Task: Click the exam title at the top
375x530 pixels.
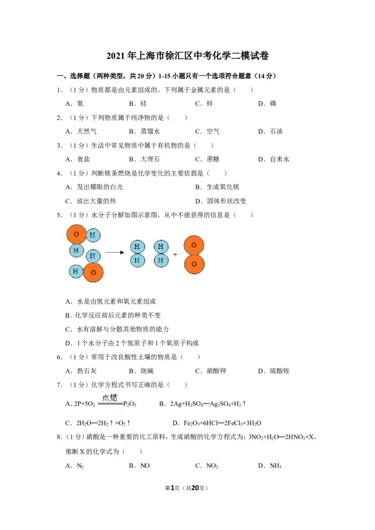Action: pyautogui.click(x=187, y=55)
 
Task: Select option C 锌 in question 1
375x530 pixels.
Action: pyautogui.click(x=204, y=103)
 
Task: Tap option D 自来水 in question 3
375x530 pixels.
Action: pyautogui.click(x=274, y=159)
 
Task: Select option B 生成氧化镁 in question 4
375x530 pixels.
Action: pyautogui.click(x=217, y=187)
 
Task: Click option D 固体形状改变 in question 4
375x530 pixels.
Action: pyautogui.click(x=221, y=201)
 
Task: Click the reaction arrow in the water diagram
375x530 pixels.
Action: pyautogui.click(x=115, y=252)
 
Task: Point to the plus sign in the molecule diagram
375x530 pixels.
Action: pyautogui.click(x=175, y=254)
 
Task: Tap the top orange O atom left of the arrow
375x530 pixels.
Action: pyautogui.click(x=76, y=234)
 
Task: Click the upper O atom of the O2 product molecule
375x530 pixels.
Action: pyautogui.click(x=194, y=245)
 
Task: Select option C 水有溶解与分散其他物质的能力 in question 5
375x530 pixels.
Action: pyautogui.click(x=117, y=329)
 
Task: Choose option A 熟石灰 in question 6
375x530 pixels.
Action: pyautogui.click(x=81, y=371)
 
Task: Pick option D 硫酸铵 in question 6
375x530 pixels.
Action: pyautogui.click(x=274, y=371)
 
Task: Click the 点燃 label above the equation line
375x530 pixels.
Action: pyautogui.click(x=110, y=397)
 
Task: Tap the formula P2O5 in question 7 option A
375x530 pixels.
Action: pyautogui.click(x=130, y=404)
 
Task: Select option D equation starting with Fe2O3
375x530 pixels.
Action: pyautogui.click(x=217, y=423)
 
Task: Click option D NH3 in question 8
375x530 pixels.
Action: pyautogui.click(x=270, y=466)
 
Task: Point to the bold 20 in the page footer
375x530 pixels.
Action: pyautogui.click(x=195, y=488)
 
